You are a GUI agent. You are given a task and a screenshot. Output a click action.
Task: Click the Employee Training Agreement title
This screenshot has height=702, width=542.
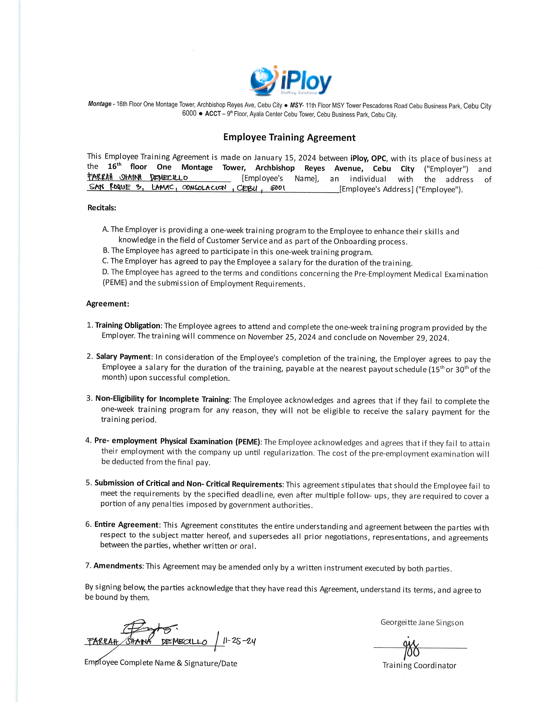click(x=289, y=138)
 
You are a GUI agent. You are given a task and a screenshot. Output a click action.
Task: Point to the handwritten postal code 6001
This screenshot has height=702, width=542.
click(x=278, y=188)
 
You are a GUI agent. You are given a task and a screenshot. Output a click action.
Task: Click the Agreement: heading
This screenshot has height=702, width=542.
click(x=108, y=304)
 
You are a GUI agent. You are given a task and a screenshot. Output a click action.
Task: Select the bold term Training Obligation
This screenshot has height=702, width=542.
click(x=128, y=325)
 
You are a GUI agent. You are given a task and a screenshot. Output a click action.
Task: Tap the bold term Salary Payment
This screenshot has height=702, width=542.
click(x=123, y=357)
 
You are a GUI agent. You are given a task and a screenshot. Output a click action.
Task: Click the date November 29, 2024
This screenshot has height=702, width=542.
click(x=414, y=338)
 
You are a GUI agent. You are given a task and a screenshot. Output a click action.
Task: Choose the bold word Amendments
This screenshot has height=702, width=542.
click(x=118, y=566)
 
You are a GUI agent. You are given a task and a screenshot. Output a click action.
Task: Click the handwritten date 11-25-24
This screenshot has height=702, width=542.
click(x=239, y=642)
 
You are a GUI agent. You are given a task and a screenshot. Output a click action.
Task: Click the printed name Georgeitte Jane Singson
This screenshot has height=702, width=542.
click(x=422, y=623)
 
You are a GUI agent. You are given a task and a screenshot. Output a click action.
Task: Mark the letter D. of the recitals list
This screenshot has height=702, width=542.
click(x=106, y=272)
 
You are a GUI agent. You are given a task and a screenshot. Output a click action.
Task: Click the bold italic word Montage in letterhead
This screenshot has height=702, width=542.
click(x=99, y=104)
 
